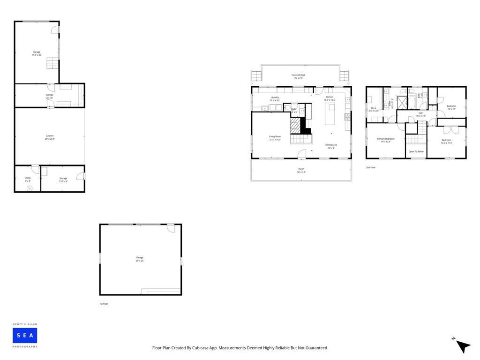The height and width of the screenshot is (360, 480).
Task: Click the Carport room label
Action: (49, 137)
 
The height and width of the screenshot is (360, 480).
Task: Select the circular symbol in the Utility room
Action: (30, 188)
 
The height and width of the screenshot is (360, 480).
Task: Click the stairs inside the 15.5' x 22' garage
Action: (52, 63)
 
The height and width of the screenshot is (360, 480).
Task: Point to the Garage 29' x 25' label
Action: (140, 259)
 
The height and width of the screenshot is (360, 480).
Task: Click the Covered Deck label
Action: (299, 76)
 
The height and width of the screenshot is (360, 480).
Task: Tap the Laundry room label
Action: (275, 99)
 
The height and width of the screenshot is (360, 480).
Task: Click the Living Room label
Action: (275, 138)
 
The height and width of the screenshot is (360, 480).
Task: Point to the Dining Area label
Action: (331, 146)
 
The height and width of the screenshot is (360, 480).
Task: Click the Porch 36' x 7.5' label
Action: (301, 170)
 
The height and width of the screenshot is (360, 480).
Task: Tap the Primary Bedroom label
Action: (386, 140)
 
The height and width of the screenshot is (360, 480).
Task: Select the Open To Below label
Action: (416, 151)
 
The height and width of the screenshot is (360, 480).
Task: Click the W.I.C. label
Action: (374, 109)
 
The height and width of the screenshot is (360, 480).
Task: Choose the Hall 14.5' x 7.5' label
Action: (420, 114)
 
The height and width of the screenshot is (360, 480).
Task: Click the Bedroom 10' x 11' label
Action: (451, 107)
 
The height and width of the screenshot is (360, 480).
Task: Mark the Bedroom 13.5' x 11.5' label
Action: (446, 141)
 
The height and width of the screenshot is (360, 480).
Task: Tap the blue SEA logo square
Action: (25, 335)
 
